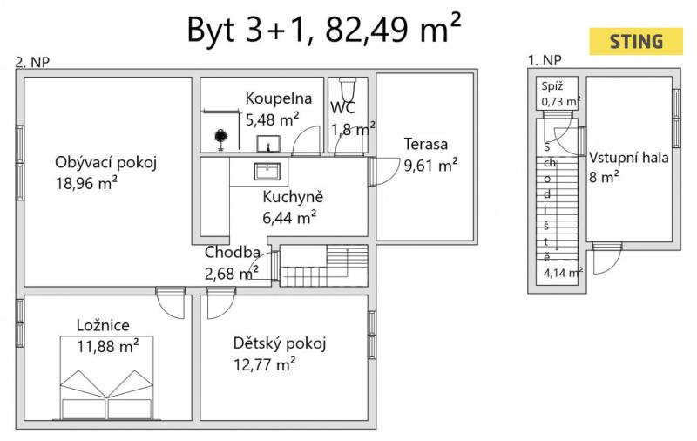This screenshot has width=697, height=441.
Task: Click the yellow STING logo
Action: point(636,41)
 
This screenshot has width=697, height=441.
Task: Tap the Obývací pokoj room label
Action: point(105,163)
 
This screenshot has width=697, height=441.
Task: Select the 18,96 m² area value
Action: point(86,183)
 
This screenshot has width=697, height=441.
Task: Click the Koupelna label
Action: point(278,98)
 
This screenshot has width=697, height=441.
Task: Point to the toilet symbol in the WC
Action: point(348,89)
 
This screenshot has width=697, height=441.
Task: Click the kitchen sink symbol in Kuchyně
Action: point(267,172)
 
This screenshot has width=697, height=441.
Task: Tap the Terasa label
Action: point(425,144)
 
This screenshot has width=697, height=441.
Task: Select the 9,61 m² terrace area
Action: point(430,166)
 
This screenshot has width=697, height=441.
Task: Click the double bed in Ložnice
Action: point(106,378)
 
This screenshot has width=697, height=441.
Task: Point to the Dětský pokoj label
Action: point(280,343)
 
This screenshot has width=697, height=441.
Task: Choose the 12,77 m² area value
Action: point(265,364)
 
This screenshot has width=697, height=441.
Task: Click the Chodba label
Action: point(232,253)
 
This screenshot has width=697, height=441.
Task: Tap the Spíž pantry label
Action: point(552,86)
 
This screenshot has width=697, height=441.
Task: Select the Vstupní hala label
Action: point(628,158)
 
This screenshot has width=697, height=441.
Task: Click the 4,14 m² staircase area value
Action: point(563,272)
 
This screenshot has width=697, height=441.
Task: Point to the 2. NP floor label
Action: point(32,62)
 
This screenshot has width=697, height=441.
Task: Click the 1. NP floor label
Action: point(545,59)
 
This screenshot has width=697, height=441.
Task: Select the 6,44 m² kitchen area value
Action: point(289,217)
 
